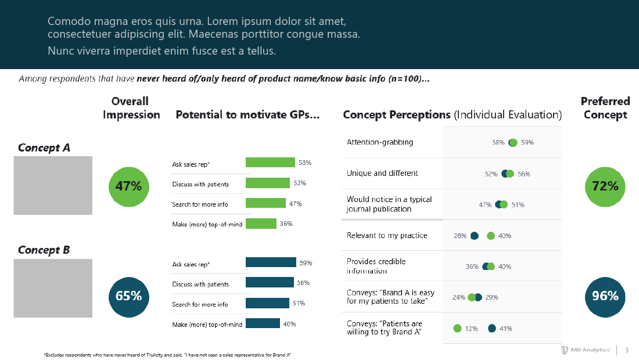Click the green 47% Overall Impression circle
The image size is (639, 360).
point(128,186)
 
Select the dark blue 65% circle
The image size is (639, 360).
point(128,296)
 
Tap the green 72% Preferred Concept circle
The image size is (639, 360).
point(605,186)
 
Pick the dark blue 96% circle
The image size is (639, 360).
point(605,296)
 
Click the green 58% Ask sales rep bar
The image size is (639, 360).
point(270,163)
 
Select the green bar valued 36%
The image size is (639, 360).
point(261,224)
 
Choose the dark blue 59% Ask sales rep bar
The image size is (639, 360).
point(271,262)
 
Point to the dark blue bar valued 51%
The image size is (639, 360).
point(267,303)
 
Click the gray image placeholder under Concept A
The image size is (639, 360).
point(53,185)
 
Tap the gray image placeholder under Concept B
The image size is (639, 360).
point(53,288)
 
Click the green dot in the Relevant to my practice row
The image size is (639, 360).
point(491,236)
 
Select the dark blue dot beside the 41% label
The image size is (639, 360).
point(492,329)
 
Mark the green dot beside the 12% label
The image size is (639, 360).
point(457,329)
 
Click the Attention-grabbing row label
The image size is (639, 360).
point(380,142)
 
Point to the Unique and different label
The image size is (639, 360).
point(382,173)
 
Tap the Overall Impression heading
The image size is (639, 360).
point(131,108)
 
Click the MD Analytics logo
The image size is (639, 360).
point(586,350)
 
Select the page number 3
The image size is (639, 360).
point(626,350)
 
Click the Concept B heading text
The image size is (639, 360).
point(44,250)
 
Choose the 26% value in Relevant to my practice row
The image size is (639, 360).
point(460,236)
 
